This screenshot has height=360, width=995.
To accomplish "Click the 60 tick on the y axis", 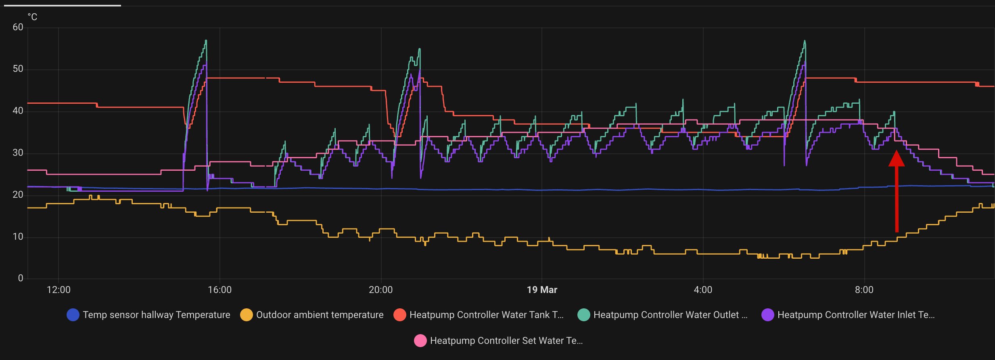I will point(18,27).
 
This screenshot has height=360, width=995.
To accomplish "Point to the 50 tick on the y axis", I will point(18,69).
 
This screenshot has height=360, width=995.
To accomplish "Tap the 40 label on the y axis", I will point(18,111).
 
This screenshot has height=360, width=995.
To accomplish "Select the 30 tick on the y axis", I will point(18,153).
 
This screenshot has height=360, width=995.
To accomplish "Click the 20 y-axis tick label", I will point(18,195).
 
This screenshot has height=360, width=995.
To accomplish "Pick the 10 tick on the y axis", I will point(18,237).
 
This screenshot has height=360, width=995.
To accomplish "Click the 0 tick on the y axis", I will point(21,278).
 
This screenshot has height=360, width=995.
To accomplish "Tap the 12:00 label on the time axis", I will point(59,290).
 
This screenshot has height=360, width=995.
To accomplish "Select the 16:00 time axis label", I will point(219,290).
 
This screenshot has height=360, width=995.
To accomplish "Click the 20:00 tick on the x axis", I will point(380,290).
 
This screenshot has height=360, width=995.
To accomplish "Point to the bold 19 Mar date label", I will point(542,290).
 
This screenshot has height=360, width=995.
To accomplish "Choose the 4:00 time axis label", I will point(703,290).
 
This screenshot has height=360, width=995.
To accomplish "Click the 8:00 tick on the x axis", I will point(864,290).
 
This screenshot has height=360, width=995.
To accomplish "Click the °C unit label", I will point(32,17).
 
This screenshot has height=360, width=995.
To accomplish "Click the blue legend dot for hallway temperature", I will point(73,315).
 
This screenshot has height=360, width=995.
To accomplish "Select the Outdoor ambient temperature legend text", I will point(320,315).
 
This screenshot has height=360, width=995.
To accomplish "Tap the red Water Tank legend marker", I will point(400,315).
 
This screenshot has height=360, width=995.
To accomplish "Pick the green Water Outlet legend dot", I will point(584,315).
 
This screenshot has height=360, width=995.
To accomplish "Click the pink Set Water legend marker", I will point(420,341).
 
